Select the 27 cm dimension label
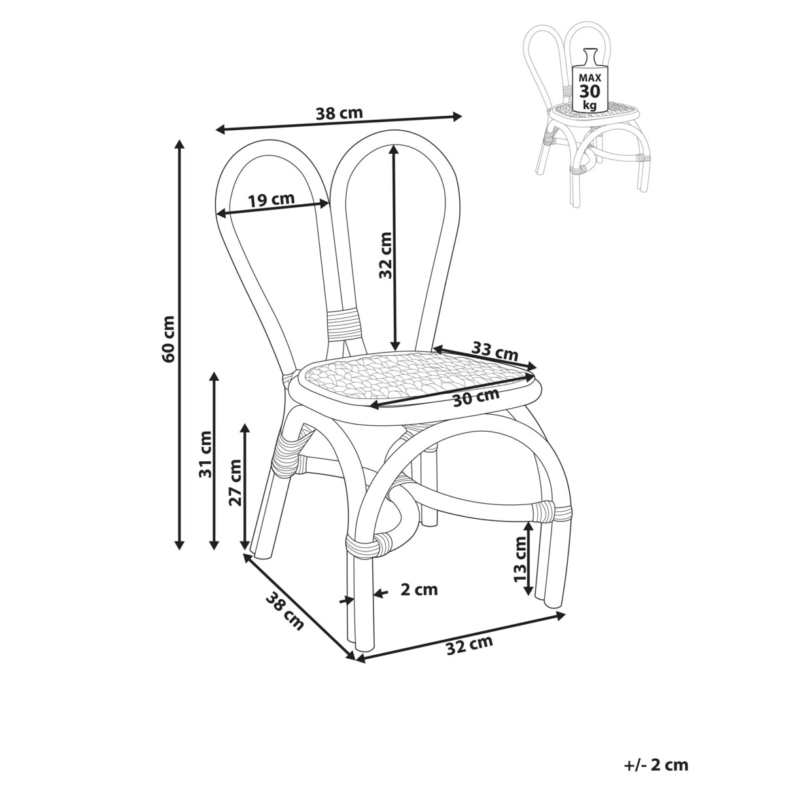click(x=235, y=482)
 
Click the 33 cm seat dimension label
click(x=495, y=351)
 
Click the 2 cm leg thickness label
click(x=418, y=589)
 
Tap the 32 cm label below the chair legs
click(x=468, y=646)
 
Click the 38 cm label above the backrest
click(x=339, y=112)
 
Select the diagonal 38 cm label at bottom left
click(x=285, y=610)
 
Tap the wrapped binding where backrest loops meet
click(x=344, y=322)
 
